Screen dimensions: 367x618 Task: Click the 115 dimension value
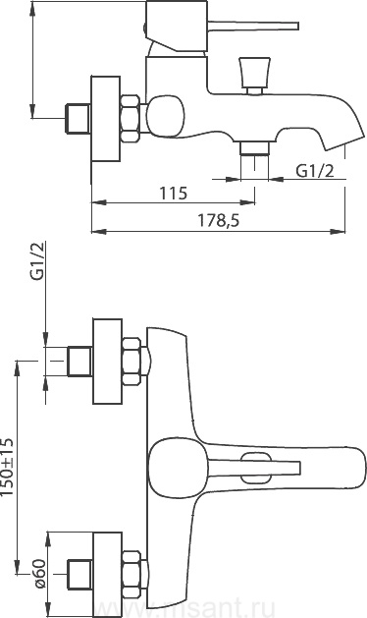click(x=174, y=194)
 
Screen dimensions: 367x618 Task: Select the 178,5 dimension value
click(x=218, y=221)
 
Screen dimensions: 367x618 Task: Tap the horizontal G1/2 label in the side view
click(x=315, y=171)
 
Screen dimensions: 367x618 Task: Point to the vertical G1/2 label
click(x=37, y=261)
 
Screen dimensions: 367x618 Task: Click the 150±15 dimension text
click(x=8, y=467)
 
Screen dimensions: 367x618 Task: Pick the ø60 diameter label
click(x=39, y=573)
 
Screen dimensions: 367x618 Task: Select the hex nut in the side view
click(x=131, y=118)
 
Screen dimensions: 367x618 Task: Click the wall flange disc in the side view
click(x=106, y=119)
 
